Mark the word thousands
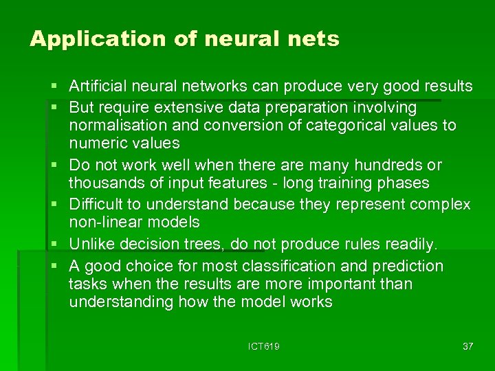tap(104, 183)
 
